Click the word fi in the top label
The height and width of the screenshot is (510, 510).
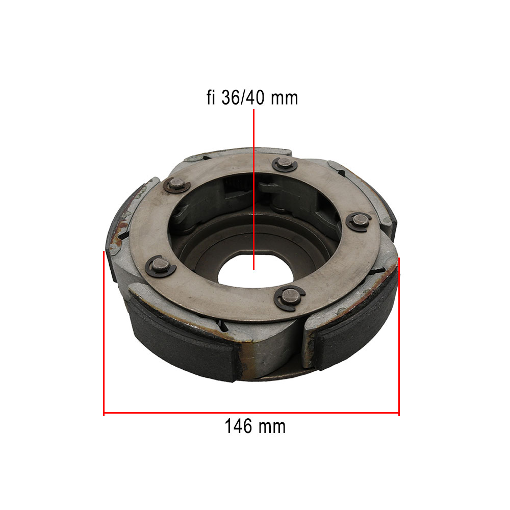tap(211, 97)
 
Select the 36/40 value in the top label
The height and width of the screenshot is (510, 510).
tap(243, 97)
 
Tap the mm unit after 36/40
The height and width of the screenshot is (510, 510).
tap(284, 99)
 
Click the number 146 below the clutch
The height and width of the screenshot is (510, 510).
tap(238, 426)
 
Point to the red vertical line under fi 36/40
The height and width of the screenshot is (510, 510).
tap(253, 189)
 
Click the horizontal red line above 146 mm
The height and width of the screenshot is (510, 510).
tap(251, 413)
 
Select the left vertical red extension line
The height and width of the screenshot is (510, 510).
tap(104, 334)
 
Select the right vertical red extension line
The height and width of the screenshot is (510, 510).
tap(399, 337)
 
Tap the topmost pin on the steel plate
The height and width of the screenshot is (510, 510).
tap(285, 164)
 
